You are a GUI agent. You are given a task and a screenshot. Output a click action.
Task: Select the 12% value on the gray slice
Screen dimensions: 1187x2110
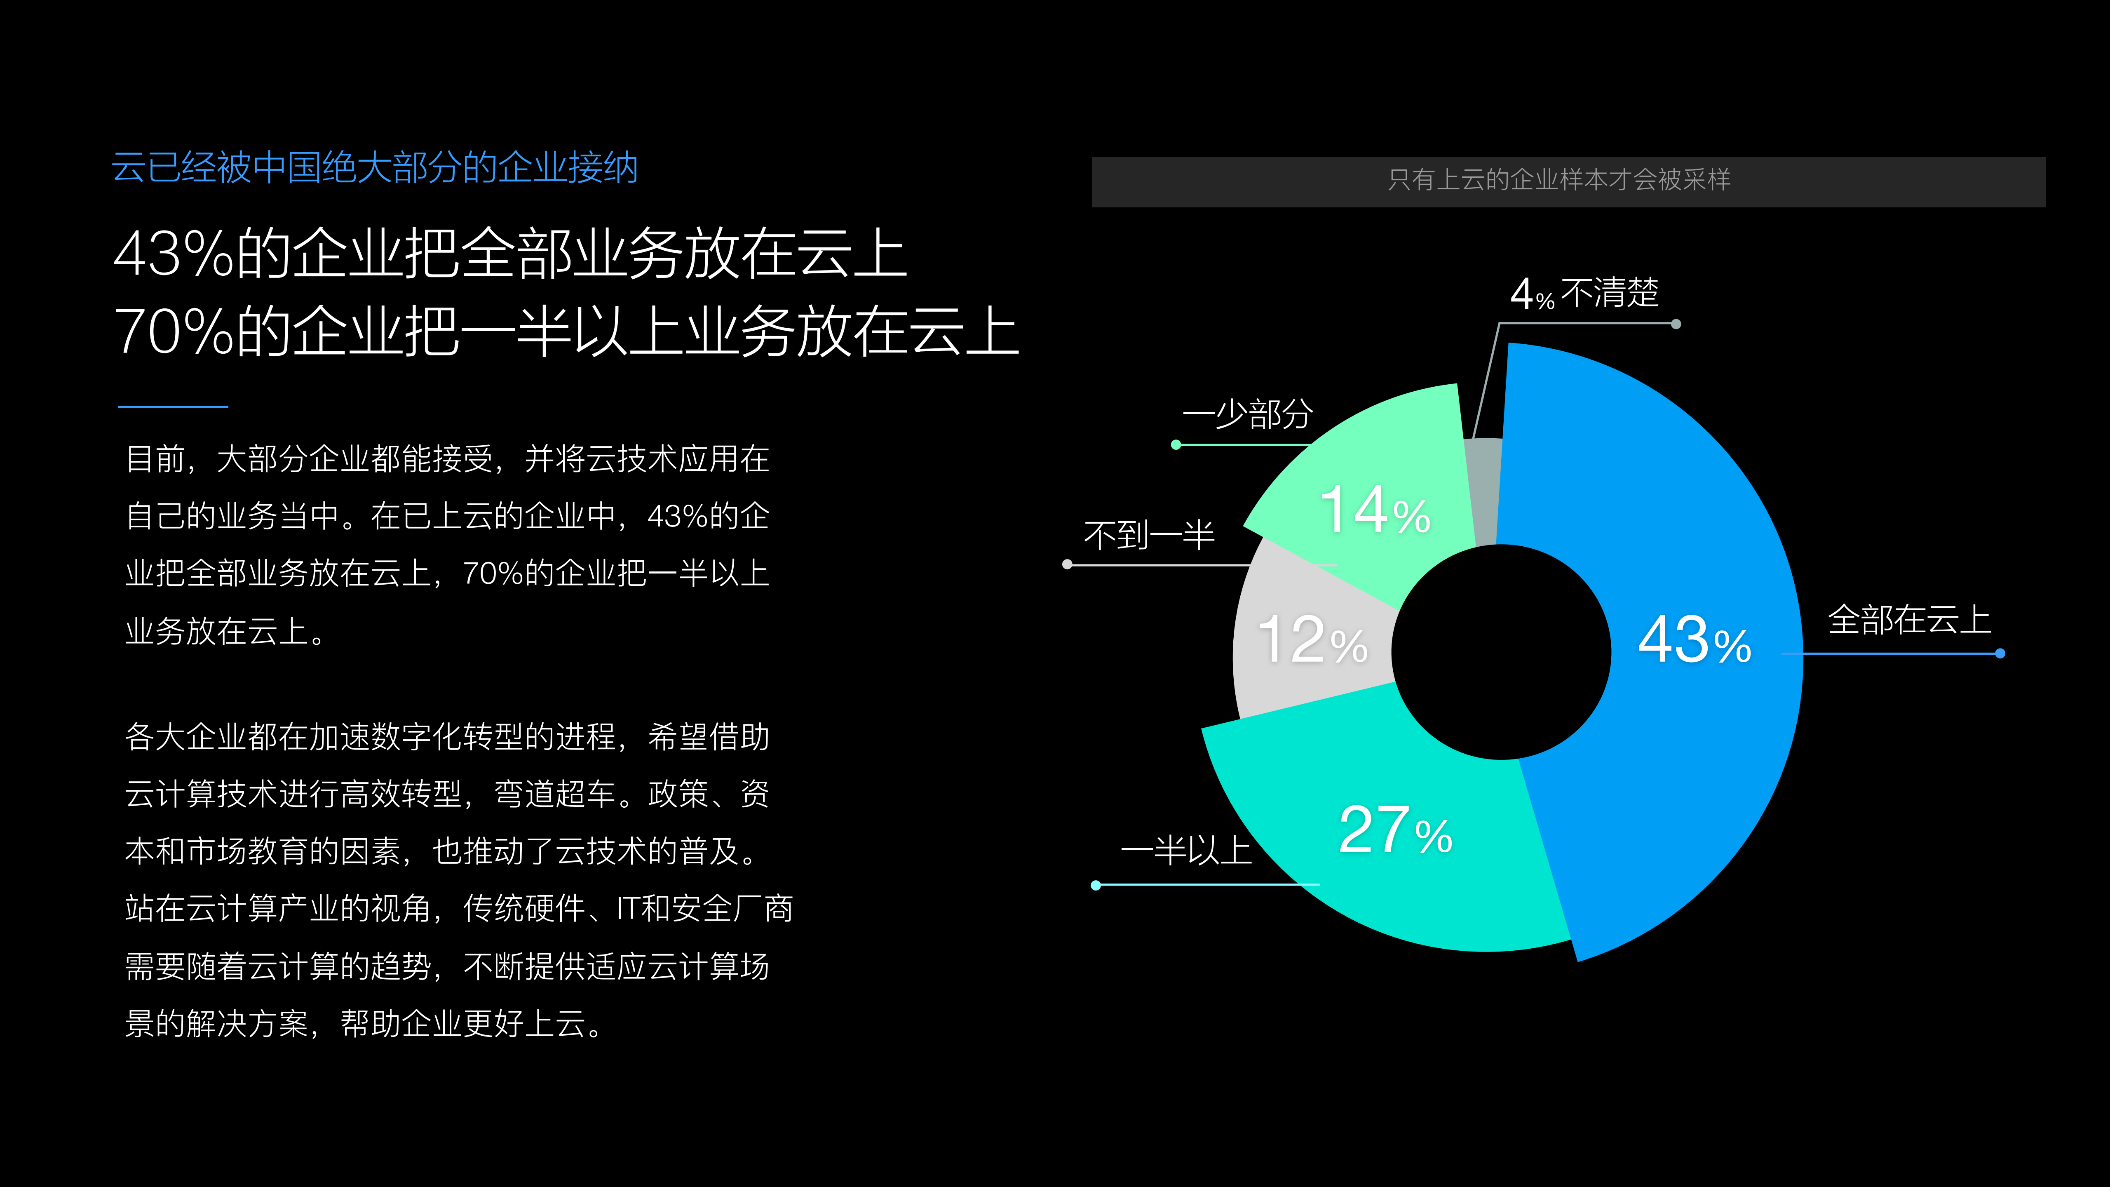point(1312,641)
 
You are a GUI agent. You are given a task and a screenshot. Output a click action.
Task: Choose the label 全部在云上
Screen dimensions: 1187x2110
point(1908,620)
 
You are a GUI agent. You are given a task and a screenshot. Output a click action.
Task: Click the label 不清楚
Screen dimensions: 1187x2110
point(1610,292)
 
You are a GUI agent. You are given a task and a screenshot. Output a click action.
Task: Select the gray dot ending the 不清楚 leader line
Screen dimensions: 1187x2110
point(1676,324)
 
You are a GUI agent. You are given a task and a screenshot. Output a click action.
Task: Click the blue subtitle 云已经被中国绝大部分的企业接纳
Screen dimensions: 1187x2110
point(374,168)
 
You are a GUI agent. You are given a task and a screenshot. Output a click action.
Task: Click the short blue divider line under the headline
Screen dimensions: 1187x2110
point(173,406)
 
